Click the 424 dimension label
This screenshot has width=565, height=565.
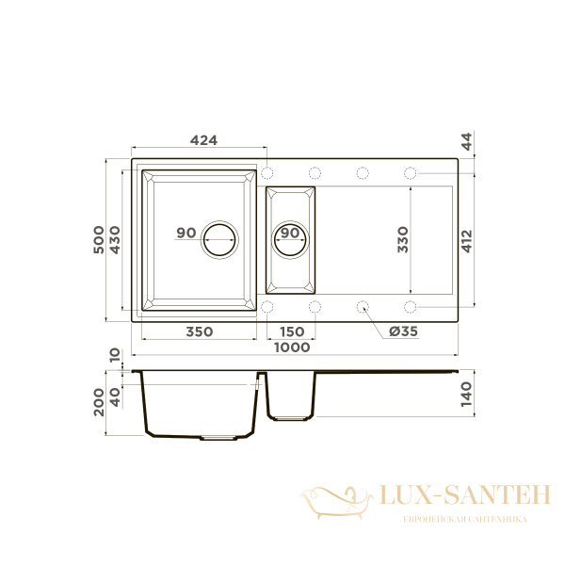[x=203, y=139]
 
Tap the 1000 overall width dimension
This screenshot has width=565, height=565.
[x=292, y=347]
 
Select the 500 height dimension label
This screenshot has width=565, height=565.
[x=98, y=239]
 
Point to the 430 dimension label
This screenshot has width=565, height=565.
[x=115, y=239]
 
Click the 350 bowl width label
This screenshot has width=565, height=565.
[x=200, y=331]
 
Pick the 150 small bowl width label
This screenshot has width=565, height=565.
[x=292, y=331]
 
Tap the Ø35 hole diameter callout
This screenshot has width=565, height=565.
[x=403, y=331]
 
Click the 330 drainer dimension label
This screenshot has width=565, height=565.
[x=403, y=239]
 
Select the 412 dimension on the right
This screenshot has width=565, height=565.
[x=467, y=241]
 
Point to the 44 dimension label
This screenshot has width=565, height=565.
[x=467, y=141]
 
